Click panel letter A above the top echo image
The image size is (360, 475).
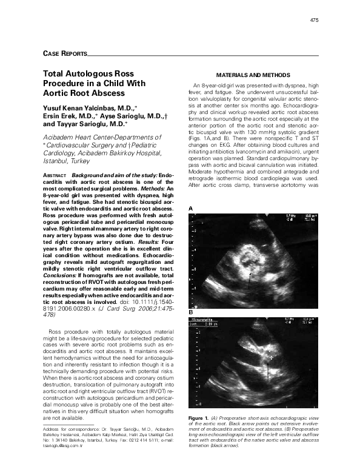pos(191,208)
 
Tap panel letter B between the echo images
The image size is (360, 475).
pos(191,312)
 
